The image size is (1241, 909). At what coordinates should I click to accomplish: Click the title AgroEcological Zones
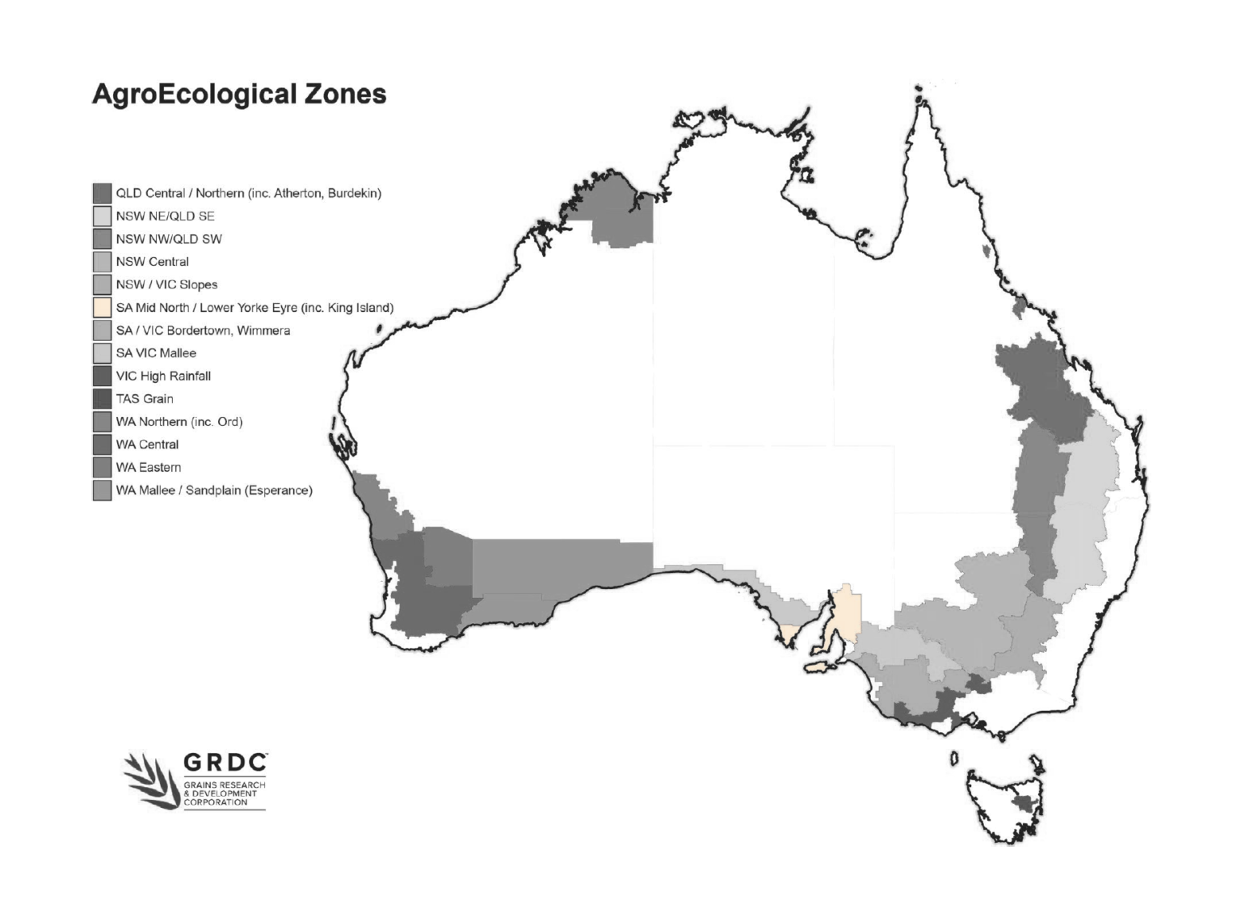point(239,94)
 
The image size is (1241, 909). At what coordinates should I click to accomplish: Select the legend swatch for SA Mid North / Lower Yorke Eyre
point(102,308)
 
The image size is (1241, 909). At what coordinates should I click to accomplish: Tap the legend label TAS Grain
point(145,398)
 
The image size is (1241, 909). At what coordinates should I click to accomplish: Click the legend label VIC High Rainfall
point(163,376)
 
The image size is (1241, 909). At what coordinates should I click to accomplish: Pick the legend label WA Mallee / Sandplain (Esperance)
point(214,490)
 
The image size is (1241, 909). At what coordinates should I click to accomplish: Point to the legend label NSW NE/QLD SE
point(165,216)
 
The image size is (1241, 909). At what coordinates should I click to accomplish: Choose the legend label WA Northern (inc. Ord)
point(179,422)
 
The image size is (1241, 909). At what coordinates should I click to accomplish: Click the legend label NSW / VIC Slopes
point(166,284)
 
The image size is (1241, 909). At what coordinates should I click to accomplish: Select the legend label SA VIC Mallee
point(156,353)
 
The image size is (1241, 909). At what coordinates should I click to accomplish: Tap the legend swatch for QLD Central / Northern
point(102,193)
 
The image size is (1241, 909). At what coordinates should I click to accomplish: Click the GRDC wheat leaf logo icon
point(151,780)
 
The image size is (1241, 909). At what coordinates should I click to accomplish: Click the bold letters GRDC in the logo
point(225,764)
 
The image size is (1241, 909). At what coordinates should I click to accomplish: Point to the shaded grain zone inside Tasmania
point(1025,804)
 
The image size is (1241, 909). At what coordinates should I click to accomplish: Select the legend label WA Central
point(147,444)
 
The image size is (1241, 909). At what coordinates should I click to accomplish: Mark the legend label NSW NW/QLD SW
point(169,239)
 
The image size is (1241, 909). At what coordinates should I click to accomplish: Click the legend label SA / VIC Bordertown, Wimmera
point(203,330)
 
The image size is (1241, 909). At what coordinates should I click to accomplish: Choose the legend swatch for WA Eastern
point(102,467)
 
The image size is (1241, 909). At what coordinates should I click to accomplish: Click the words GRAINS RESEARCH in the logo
point(224,785)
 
